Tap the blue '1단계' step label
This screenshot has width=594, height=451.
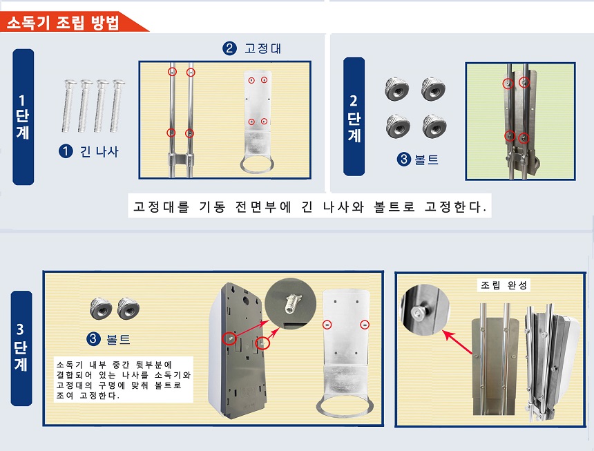(x=23, y=117)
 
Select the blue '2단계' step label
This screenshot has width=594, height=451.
(x=354, y=117)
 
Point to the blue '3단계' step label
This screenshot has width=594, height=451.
(x=21, y=348)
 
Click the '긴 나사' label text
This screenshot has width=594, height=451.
(x=99, y=151)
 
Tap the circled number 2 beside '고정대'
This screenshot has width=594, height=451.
(x=229, y=48)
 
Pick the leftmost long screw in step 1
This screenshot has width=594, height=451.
(x=69, y=106)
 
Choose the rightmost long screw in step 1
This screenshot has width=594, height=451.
(x=117, y=106)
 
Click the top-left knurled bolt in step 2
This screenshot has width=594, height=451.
(x=396, y=89)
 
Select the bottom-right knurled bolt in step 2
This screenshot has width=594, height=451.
(x=434, y=126)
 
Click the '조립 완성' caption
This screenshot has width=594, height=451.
(x=504, y=285)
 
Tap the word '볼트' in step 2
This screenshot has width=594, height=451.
(x=427, y=160)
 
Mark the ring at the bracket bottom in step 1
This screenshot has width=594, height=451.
(x=256, y=166)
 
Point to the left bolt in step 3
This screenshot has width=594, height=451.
(x=101, y=309)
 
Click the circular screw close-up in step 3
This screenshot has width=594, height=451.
(x=290, y=304)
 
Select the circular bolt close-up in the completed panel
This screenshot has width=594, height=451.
(x=425, y=309)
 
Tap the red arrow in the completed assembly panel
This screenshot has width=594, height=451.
(x=458, y=343)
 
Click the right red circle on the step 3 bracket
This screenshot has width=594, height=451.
(x=365, y=325)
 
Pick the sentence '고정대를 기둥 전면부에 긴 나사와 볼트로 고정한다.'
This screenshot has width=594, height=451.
(x=309, y=207)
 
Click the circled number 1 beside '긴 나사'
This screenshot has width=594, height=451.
(x=66, y=151)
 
